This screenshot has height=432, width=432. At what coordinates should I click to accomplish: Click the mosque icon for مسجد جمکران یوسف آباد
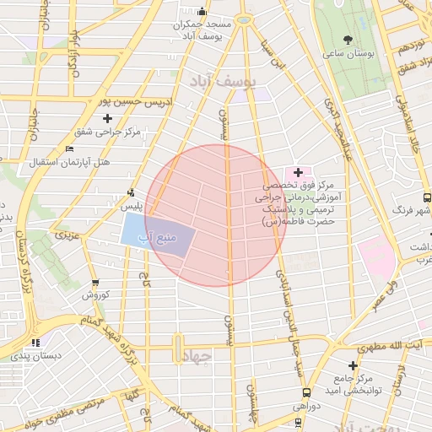coord(202,12)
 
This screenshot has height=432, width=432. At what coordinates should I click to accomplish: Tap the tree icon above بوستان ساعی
coord(348,39)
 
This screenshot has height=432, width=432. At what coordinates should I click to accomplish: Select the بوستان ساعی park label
coord(348,53)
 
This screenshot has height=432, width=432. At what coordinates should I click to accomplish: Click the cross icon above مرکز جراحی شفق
coord(131,118)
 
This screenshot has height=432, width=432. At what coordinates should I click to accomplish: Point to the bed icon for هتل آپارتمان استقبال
coord(69,148)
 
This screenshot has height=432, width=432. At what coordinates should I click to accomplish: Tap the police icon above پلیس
coord(130,192)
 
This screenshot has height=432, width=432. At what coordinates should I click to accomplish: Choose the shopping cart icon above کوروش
coord(94,283)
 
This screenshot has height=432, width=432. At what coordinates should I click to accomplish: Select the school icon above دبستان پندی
coord(35,343)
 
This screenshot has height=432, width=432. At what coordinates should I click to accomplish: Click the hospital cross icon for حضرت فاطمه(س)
coord(298,172)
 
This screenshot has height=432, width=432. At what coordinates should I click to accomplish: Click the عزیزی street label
coord(66,236)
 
